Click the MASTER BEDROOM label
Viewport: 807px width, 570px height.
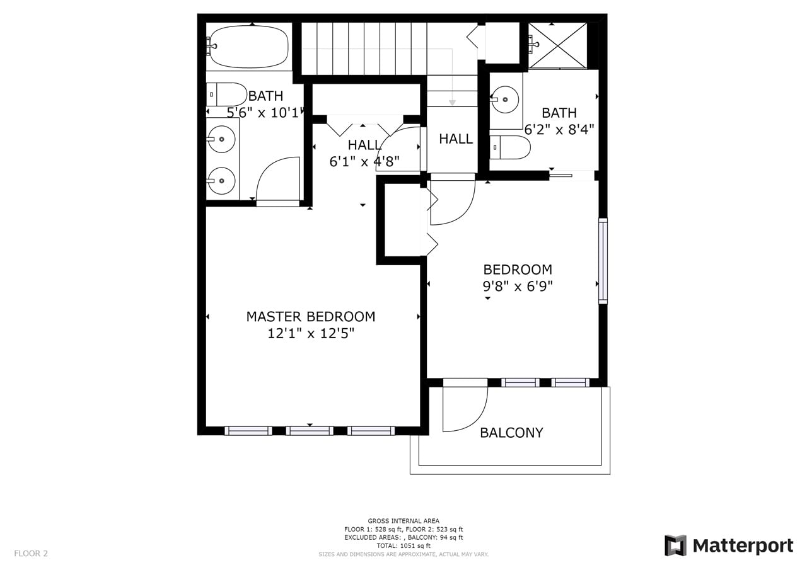[x=311, y=317]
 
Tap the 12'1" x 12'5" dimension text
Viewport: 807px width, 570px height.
[x=311, y=334]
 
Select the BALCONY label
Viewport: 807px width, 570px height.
[x=511, y=433]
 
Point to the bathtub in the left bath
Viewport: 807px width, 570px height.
[x=249, y=47]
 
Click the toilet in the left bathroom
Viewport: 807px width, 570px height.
[x=226, y=94]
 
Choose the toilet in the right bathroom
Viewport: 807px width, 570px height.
[x=510, y=147]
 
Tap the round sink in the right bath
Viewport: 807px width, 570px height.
[x=506, y=100]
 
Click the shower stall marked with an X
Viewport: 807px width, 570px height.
[x=558, y=45]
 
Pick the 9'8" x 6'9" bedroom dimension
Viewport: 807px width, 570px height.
[x=518, y=287]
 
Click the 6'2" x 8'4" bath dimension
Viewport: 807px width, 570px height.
[x=559, y=130]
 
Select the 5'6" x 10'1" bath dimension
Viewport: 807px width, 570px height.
[x=265, y=113]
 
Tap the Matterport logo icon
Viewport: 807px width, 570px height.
[x=675, y=545]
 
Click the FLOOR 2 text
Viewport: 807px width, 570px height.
[x=31, y=554]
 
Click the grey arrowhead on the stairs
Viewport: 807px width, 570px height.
[x=452, y=103]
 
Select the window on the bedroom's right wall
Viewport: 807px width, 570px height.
[x=603, y=261]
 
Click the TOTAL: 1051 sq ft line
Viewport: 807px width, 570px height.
[x=403, y=545]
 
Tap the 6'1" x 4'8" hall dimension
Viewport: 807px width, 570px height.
[x=364, y=162]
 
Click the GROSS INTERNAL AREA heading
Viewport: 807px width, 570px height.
[x=403, y=521]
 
